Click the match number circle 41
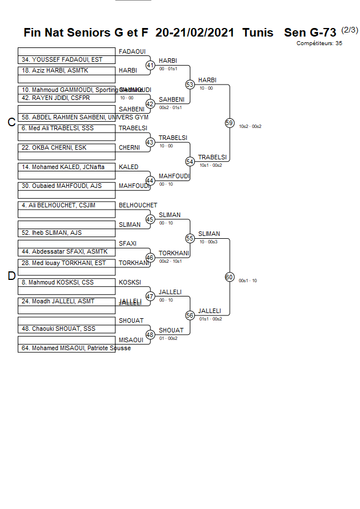pos(150,66)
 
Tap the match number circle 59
pos(230,123)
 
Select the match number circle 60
pos(230,277)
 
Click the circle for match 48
pos(150,335)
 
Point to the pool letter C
pos(11,122)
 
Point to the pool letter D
pos(11,276)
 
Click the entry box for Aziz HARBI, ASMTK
pos(66,71)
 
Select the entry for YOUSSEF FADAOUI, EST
pos(66,59)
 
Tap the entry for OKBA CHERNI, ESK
pos(66,148)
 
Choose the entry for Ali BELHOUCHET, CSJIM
pos(66,206)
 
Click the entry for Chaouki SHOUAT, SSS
pos(66,329)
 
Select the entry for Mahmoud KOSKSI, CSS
pos(66,282)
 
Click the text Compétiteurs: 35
pos(319,43)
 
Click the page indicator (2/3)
pos(349,30)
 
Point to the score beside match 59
pos(250,126)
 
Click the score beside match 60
pos(248,280)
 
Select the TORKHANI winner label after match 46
pos(170,253)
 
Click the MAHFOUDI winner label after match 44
pos(173,176)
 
